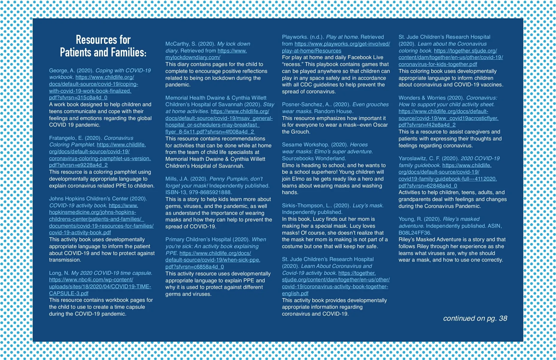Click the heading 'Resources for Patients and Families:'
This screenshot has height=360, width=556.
[103, 46]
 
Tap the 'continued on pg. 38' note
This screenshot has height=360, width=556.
[475, 318]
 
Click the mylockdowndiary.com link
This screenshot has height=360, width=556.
[193, 57]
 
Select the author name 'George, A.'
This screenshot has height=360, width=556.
[62, 70]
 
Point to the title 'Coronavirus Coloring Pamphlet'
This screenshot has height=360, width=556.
[91, 141]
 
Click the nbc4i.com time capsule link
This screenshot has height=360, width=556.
[100, 286]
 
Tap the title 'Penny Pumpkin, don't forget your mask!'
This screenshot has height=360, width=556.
[214, 182]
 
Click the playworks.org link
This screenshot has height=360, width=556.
[336, 47]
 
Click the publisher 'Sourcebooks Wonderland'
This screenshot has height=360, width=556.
[314, 158]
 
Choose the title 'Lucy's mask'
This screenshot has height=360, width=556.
[368, 205]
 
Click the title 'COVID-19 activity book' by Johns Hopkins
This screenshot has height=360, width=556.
[78, 205]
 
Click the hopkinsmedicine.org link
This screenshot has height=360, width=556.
[101, 219]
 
